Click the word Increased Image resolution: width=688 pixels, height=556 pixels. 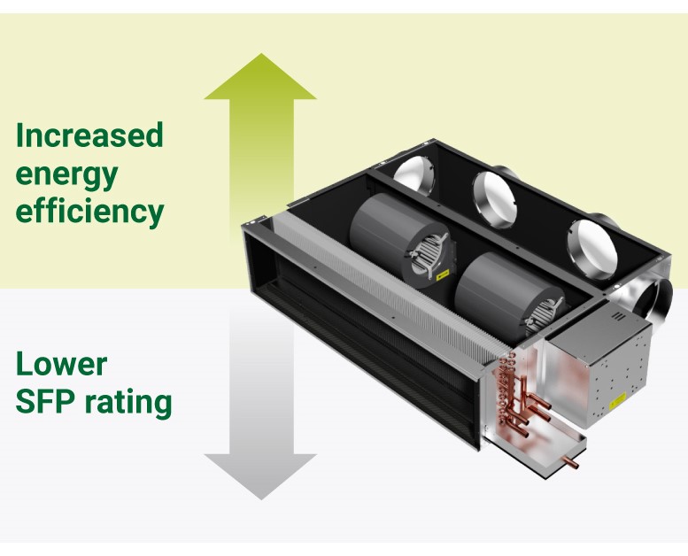click(x=89, y=136)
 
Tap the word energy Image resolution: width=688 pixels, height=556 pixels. click(x=66, y=174)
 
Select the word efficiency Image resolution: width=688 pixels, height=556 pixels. click(x=89, y=212)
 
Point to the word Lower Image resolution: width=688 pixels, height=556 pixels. click(x=61, y=364)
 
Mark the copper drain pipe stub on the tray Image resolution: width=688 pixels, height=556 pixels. click(x=572, y=461)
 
